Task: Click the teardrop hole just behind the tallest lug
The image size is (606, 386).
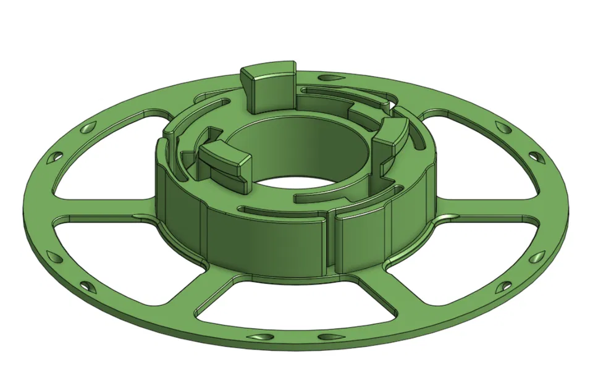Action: point(328,78)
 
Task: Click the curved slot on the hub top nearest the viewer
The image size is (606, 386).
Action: point(278,210)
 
